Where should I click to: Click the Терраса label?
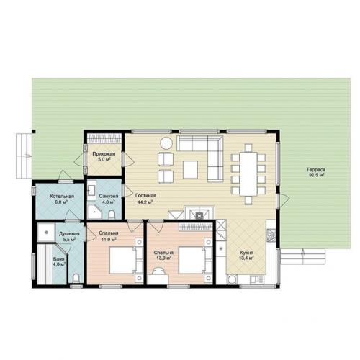[x=315, y=170]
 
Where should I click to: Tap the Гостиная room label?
[x=145, y=195]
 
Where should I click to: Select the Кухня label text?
[x=247, y=253]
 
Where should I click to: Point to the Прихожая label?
[x=104, y=154]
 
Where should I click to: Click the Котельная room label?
[x=62, y=197]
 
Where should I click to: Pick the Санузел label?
[x=109, y=196]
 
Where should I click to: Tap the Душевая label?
[x=69, y=233]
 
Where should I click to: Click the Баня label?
[x=59, y=259]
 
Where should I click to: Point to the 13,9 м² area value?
[x=164, y=258]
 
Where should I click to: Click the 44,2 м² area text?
[x=145, y=202]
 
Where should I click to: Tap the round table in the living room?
[x=166, y=143]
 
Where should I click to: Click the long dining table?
[x=248, y=174]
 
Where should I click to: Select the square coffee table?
[x=190, y=169]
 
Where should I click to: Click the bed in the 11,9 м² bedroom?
[x=123, y=260]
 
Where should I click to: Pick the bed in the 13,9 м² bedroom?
[x=192, y=260]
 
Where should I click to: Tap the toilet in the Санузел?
[x=112, y=215]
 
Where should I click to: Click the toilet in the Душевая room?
[x=76, y=279]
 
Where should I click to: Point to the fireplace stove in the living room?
[x=199, y=213]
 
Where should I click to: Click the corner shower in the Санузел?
[x=94, y=212]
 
